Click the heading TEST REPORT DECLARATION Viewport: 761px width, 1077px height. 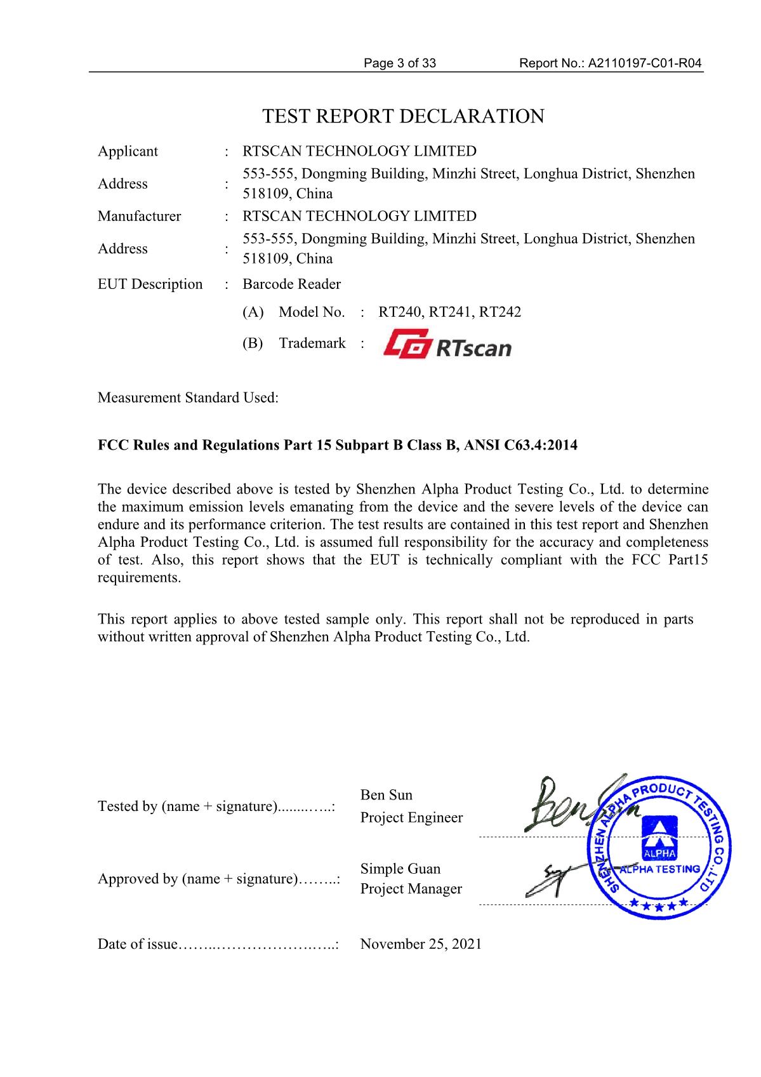(x=403, y=117)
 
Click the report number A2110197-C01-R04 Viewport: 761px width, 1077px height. (x=645, y=63)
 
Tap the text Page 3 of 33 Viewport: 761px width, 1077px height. (x=400, y=63)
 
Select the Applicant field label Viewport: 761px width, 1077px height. (x=128, y=151)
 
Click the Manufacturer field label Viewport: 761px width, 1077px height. (x=139, y=216)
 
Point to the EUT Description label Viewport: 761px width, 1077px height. (x=150, y=284)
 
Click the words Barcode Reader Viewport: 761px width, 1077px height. (x=291, y=284)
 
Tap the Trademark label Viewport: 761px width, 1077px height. (x=312, y=343)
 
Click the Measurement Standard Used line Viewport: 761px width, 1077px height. (x=188, y=398)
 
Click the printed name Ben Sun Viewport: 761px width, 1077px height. (x=386, y=795)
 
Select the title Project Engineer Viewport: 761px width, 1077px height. (x=411, y=818)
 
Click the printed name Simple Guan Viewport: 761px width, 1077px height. (x=400, y=869)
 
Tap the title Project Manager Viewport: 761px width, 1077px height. (x=411, y=889)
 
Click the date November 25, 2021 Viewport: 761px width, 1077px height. (x=421, y=944)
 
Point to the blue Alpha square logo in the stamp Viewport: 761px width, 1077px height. (x=659, y=838)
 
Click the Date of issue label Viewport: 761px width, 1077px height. (x=137, y=944)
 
